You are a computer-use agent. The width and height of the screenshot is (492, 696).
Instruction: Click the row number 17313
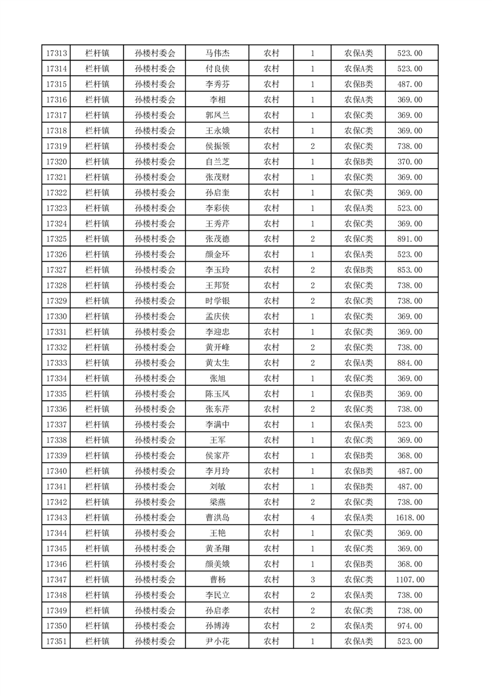(x=56, y=53)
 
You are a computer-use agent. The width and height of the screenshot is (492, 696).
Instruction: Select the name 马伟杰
(x=217, y=53)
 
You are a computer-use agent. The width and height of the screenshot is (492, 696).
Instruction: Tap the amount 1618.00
(x=409, y=518)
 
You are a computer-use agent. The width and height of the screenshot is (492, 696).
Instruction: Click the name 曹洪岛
(x=217, y=518)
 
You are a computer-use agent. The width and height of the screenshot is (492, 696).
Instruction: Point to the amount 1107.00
(x=409, y=580)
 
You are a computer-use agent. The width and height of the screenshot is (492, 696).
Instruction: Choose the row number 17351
(x=56, y=642)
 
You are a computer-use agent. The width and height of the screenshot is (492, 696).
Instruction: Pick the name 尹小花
(x=217, y=642)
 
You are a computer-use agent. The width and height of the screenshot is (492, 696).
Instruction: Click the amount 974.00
(x=409, y=627)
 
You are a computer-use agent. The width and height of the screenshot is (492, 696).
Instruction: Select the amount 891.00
(x=409, y=239)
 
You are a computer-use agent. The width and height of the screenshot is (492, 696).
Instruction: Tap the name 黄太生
(x=217, y=363)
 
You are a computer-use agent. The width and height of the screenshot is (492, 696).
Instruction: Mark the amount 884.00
(x=409, y=363)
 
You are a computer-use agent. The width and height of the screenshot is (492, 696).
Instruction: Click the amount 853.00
(x=409, y=270)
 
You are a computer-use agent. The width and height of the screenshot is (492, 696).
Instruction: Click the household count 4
(x=312, y=518)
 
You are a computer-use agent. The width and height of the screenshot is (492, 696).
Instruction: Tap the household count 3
(x=312, y=580)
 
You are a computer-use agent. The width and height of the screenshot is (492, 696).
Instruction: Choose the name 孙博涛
(x=217, y=627)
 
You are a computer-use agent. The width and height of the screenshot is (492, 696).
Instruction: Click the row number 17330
(x=56, y=316)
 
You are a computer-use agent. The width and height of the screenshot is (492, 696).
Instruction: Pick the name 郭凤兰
(x=217, y=115)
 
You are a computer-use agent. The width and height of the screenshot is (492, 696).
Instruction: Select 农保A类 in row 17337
(x=359, y=425)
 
